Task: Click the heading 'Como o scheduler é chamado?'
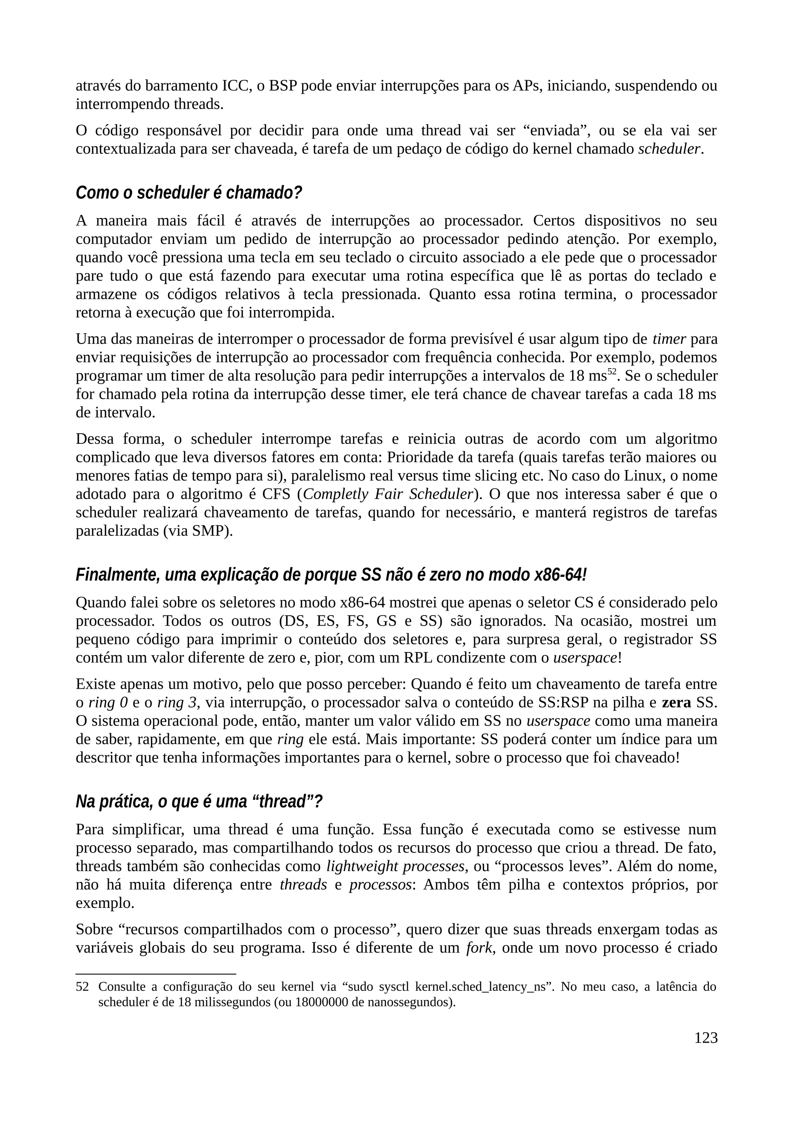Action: click(x=189, y=193)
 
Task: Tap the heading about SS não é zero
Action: click(x=331, y=575)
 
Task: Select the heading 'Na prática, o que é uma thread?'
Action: click(x=199, y=802)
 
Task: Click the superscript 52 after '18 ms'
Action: click(x=612, y=372)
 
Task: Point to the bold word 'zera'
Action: click(x=676, y=703)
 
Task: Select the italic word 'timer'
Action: click(x=669, y=339)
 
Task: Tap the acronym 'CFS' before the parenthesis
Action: click(x=276, y=494)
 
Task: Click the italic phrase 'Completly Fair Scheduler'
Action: click(x=388, y=494)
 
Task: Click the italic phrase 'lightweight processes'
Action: click(x=395, y=866)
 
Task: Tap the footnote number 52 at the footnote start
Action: click(x=82, y=986)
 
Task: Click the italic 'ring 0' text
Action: click(x=108, y=703)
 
